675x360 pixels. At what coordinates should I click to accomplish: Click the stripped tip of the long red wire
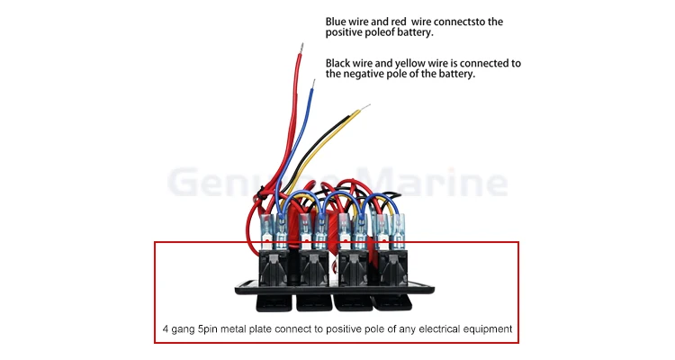click(301, 48)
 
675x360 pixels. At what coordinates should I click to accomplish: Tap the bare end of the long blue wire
click(314, 84)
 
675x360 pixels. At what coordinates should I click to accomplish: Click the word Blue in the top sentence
click(336, 22)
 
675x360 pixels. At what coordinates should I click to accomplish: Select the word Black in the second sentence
click(337, 63)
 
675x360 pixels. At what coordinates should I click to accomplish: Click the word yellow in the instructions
click(409, 64)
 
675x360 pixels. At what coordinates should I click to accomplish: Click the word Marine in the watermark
click(434, 182)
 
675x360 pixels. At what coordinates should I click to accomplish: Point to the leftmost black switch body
click(274, 268)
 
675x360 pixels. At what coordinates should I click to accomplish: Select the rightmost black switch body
click(392, 268)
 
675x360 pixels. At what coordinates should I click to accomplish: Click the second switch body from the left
click(313, 268)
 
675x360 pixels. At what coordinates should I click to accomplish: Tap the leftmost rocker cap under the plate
click(274, 302)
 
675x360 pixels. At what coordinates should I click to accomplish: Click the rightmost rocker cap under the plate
click(392, 302)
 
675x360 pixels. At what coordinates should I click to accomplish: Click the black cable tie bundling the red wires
click(261, 193)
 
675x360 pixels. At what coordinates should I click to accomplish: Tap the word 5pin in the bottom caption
click(209, 329)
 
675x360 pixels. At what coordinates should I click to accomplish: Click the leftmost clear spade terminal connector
click(267, 232)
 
